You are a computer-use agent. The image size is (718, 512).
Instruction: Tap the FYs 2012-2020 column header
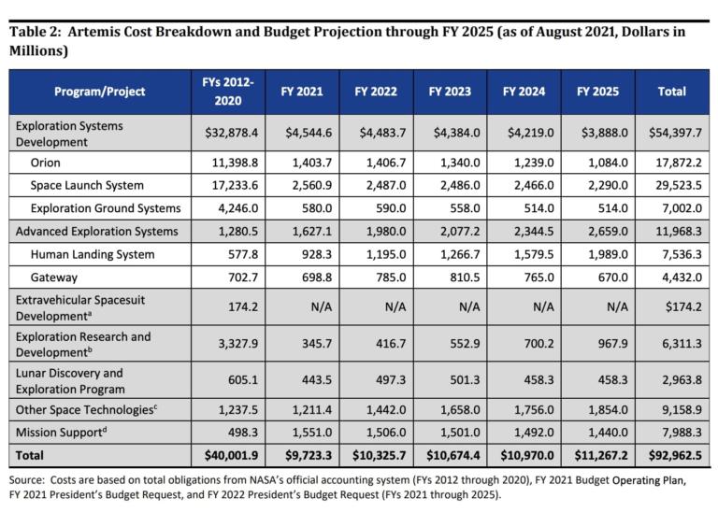(227, 92)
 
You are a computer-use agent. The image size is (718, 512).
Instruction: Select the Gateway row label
(54, 277)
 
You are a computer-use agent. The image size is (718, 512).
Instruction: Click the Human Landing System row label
(92, 254)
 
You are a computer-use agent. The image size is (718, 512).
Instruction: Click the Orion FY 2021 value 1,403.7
(300, 163)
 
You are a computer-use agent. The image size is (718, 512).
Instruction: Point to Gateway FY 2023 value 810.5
(452, 277)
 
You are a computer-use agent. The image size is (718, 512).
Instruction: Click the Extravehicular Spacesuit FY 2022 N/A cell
(375, 305)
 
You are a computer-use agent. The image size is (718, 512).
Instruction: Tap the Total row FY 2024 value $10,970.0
(524, 456)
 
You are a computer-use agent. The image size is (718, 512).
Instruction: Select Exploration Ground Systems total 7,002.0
(677, 207)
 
